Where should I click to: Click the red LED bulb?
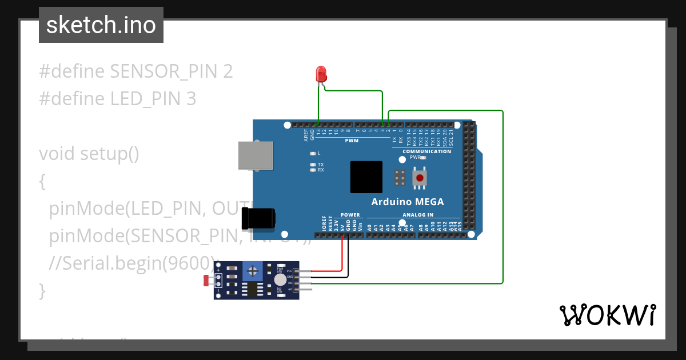pos(321,73)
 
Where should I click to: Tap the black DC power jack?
pos(258,219)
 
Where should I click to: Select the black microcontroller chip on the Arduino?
pos(366,177)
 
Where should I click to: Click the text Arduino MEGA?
pos(407,202)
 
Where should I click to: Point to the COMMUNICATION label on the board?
pos(426,151)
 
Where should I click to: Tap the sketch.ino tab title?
pos(101,25)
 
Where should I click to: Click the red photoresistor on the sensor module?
pos(206,280)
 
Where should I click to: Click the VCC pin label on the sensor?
pos(289,271)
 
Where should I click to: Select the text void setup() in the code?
pos(89,154)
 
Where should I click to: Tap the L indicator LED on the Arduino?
pos(313,154)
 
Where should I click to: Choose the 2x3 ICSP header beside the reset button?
pos(400,178)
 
